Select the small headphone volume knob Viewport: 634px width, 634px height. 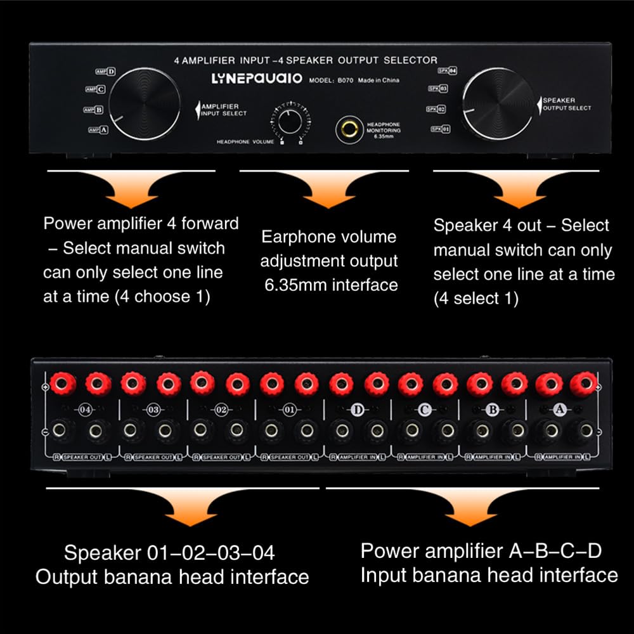coord(288,120)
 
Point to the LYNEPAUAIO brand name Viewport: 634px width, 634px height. coord(257,80)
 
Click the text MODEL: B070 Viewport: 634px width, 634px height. coord(330,81)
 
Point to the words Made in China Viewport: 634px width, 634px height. coord(378,80)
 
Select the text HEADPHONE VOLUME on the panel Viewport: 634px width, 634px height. coord(245,141)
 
